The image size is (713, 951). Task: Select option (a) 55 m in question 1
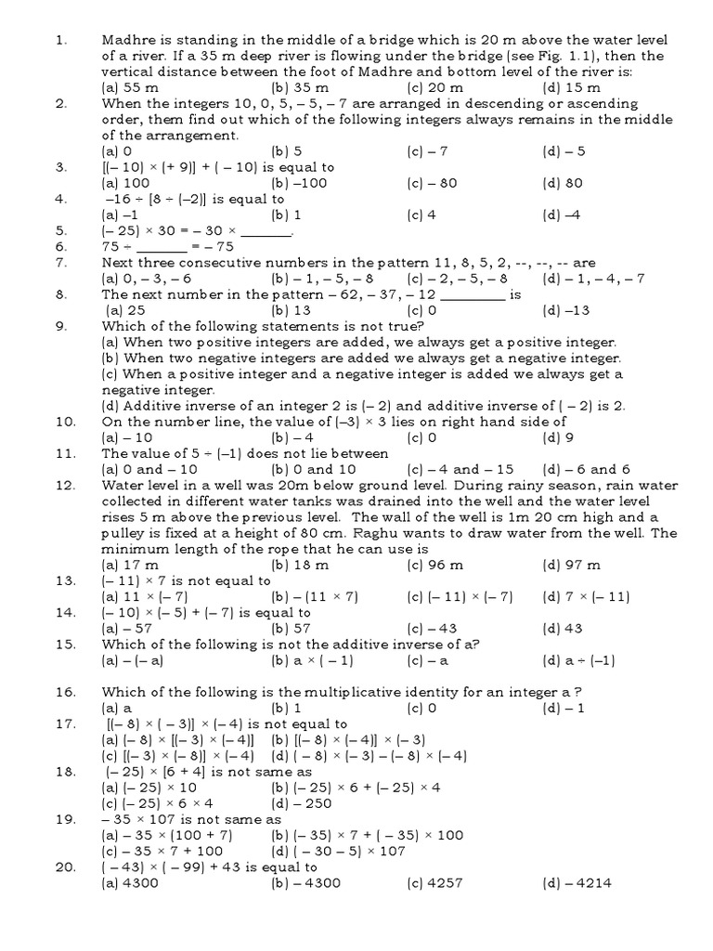pyautogui.click(x=131, y=87)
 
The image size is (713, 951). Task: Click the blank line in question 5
pyautogui.click(x=271, y=231)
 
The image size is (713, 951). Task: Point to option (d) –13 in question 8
pyautogui.click(x=566, y=310)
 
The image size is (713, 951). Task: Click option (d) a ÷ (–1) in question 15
pyautogui.click(x=579, y=660)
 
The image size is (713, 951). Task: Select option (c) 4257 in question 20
pyautogui.click(x=434, y=883)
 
